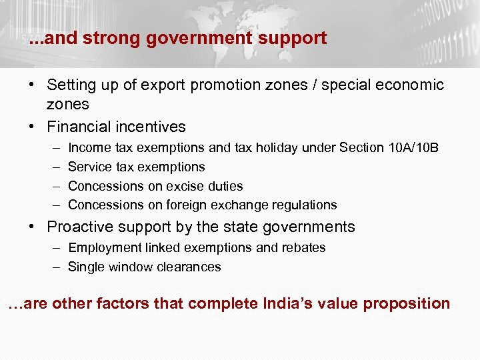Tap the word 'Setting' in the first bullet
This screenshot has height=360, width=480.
coord(71,85)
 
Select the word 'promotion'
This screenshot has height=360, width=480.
coord(239,85)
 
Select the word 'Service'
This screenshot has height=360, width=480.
coord(90,167)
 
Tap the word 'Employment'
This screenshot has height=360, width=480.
coord(103,247)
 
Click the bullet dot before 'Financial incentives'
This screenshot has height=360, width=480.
coord(32,127)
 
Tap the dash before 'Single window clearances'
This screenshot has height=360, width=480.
coord(55,267)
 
